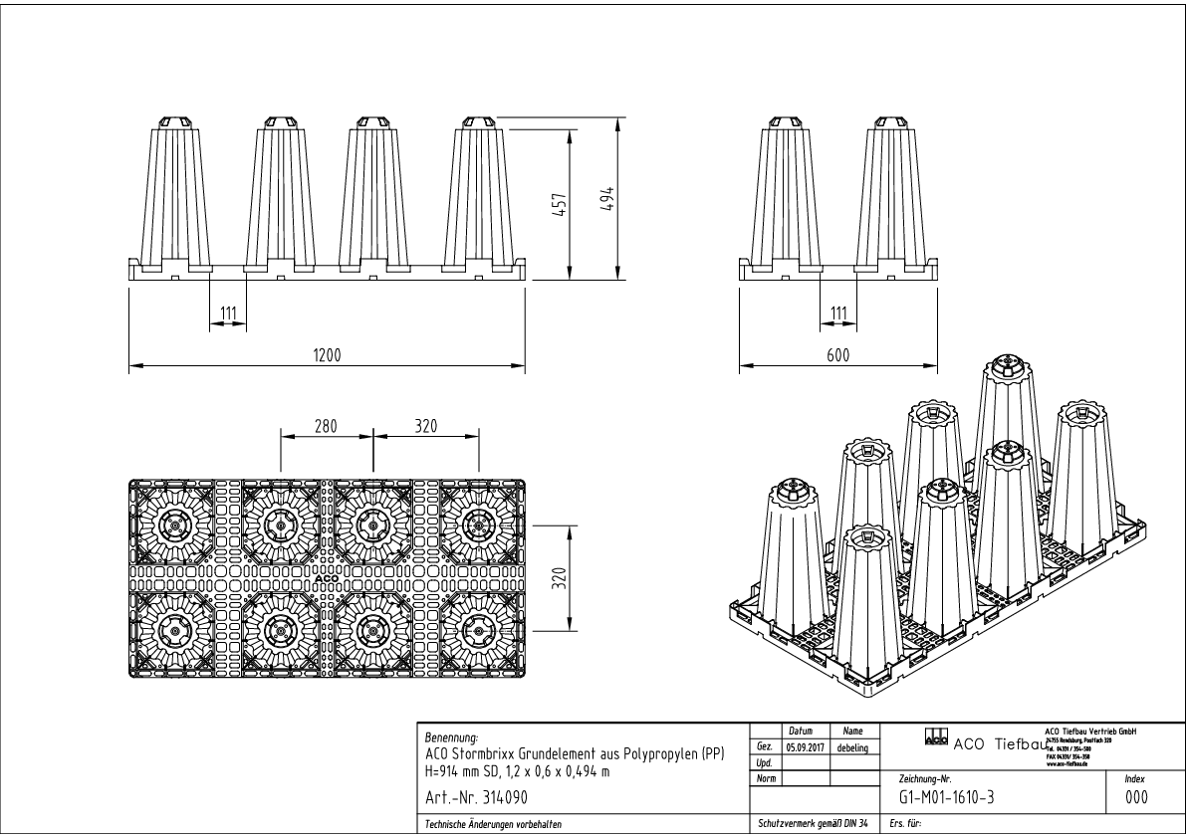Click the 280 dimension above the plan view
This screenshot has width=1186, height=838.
[x=326, y=427]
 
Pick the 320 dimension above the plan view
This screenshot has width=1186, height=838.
[x=426, y=427]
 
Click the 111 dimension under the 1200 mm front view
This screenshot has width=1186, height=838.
[x=228, y=314]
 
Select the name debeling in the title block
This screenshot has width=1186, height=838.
[x=851, y=746]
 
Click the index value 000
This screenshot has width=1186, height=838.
[x=1134, y=797]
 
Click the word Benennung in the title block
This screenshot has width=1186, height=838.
[x=451, y=738]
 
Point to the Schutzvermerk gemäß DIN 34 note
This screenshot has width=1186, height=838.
[x=812, y=824]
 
